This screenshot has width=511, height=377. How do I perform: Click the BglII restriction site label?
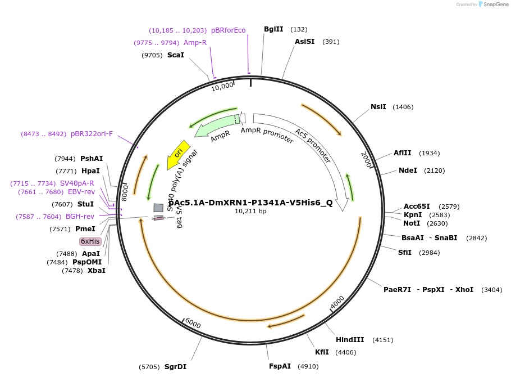(273, 29)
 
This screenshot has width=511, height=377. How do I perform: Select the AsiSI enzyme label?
(305, 42)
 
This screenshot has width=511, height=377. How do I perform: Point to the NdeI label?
(408, 170)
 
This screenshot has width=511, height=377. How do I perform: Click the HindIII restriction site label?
(350, 340)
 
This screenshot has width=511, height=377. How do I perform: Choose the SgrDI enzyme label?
(175, 367)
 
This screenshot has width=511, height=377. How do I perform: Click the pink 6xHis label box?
(90, 241)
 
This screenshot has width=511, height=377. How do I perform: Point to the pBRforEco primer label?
(228, 30)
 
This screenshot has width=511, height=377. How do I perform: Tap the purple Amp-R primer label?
(195, 43)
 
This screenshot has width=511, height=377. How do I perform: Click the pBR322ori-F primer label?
(92, 134)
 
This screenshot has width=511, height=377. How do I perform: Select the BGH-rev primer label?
(80, 217)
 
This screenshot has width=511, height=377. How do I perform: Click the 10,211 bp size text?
(250, 212)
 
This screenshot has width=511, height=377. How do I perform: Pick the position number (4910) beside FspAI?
(308, 366)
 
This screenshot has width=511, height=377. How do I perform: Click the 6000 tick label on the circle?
(193, 324)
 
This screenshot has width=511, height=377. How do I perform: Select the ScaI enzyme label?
(176, 55)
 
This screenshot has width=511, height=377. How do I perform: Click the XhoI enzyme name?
(464, 290)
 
